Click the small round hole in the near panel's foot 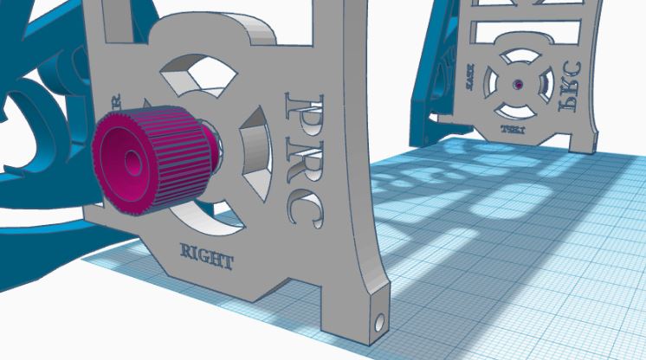(x=378, y=322)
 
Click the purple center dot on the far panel (x=517, y=85)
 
